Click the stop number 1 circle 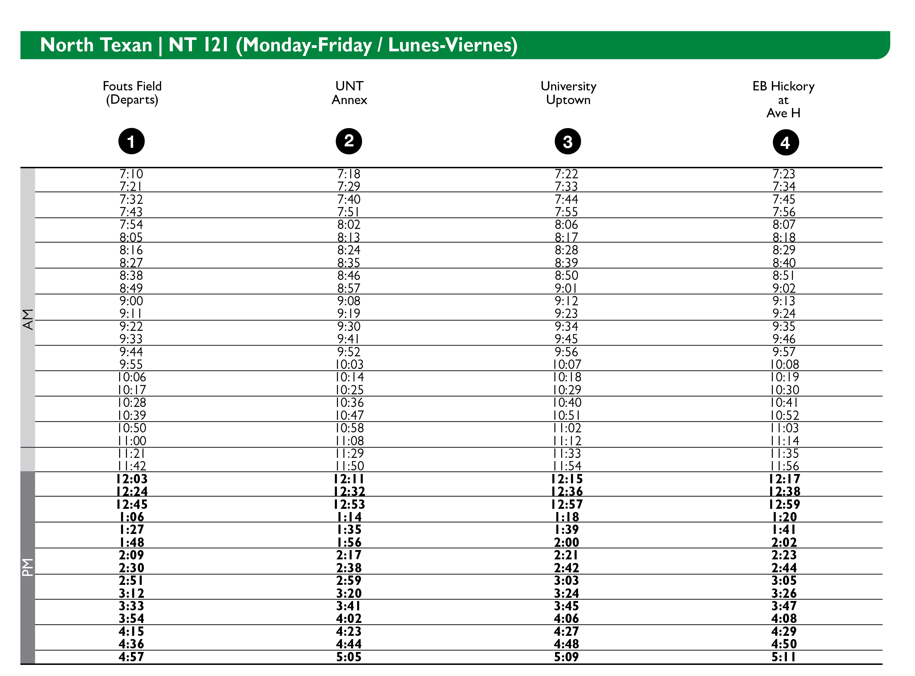point(131,141)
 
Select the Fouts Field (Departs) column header point(132,93)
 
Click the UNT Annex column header point(349,93)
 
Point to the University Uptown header point(568,93)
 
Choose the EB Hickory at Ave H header point(783,99)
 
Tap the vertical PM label point(27,567)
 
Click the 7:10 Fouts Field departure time point(131,174)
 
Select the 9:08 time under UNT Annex point(349,301)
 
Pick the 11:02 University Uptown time point(567,428)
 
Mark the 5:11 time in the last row point(784,657)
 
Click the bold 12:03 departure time point(131,479)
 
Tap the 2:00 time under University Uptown point(567,542)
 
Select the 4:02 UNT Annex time point(349,618)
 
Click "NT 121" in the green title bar point(198,45)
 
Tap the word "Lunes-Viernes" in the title point(452,45)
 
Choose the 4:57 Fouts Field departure point(131,657)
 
